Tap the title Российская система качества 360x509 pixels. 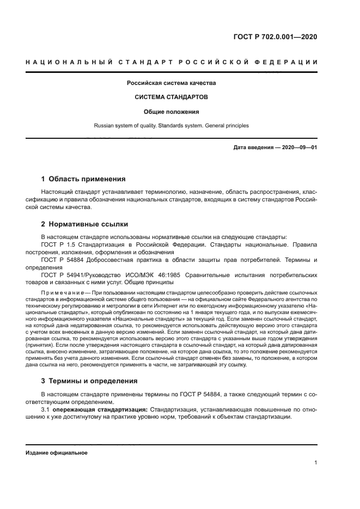[172, 83]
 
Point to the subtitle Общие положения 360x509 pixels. [172, 112]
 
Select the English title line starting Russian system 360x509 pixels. [172, 125]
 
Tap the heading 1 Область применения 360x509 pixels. [83, 179]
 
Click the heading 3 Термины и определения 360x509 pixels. [89, 381]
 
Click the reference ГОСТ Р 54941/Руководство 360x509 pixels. [94, 275]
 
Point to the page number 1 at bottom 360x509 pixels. [316, 463]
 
